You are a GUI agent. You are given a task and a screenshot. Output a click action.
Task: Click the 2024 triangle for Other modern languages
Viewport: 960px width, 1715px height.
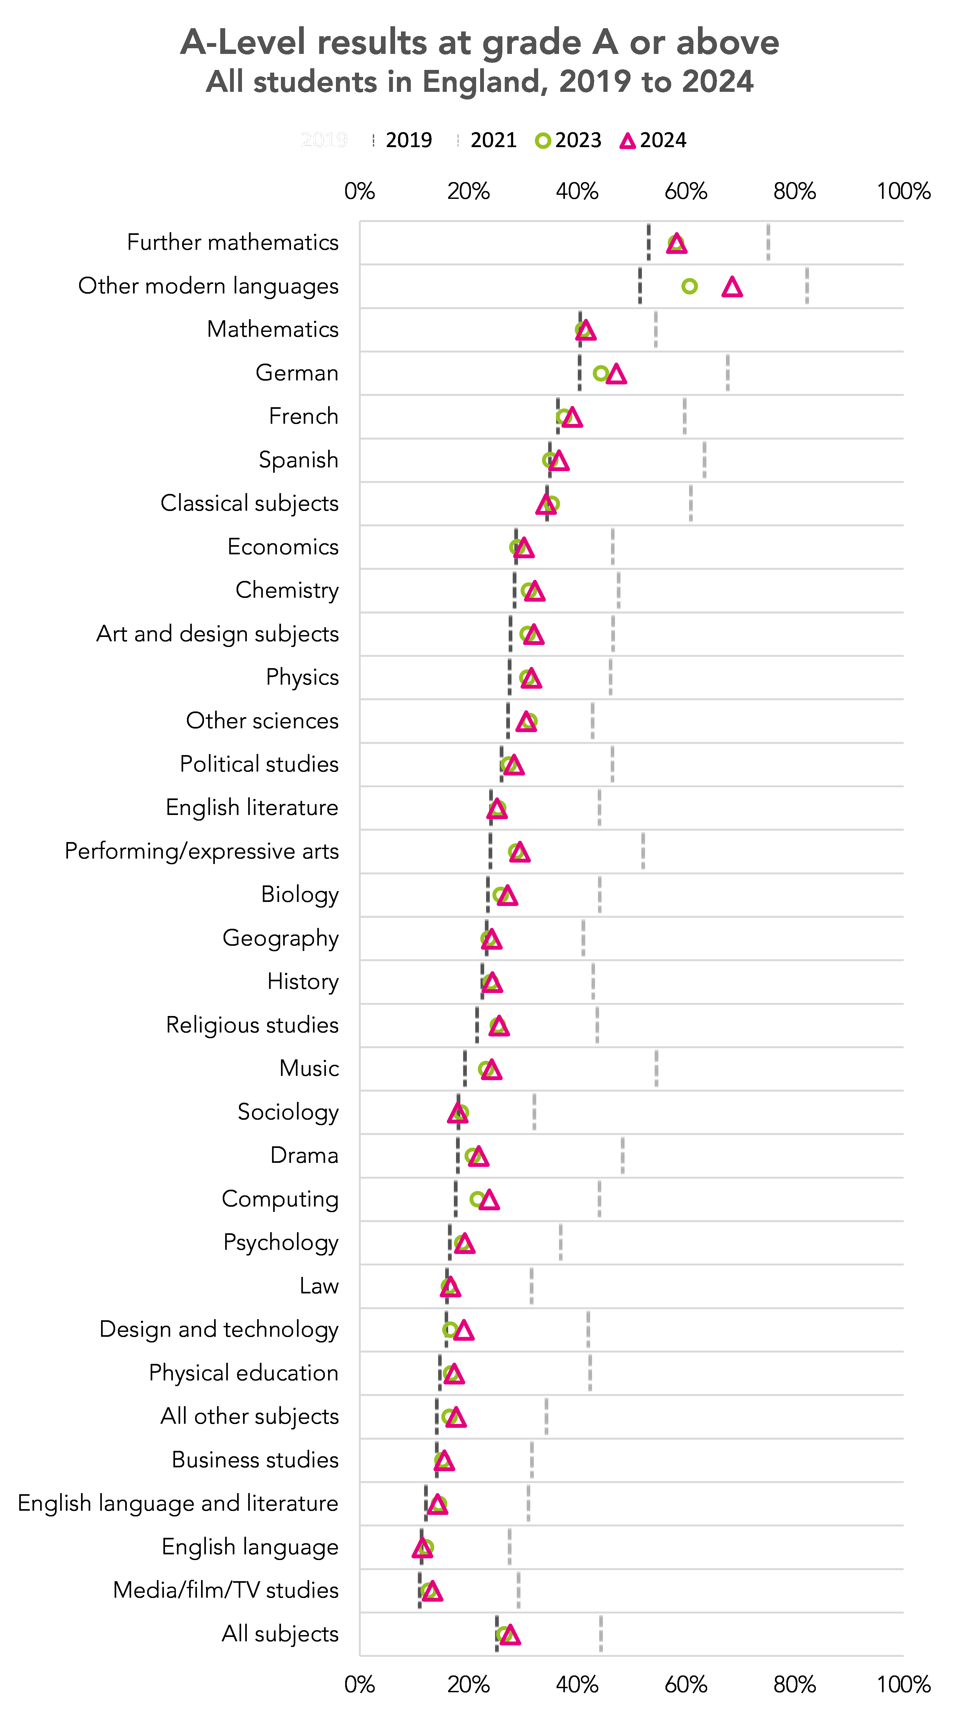pyautogui.click(x=732, y=287)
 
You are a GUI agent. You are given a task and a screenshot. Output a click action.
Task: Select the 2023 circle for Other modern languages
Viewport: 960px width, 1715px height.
pyautogui.click(x=690, y=286)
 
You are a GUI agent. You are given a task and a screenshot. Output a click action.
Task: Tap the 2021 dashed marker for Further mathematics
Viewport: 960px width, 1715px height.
pyautogui.click(x=768, y=242)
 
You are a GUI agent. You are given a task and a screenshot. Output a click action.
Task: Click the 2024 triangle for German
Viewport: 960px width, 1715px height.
pyautogui.click(x=616, y=374)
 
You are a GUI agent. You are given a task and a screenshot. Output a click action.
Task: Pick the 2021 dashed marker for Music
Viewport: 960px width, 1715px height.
pyautogui.click(x=657, y=1069)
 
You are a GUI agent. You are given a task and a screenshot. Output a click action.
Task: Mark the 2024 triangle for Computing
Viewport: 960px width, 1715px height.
pyautogui.click(x=489, y=1200)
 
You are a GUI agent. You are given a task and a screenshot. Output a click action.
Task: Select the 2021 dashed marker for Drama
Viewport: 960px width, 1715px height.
pyautogui.click(x=622, y=1156)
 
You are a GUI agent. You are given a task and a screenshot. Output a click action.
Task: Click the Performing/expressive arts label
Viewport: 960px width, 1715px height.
pyautogui.click(x=202, y=852)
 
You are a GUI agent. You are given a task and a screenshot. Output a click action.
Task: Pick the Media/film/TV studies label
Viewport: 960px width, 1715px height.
pyautogui.click(x=226, y=1590)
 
